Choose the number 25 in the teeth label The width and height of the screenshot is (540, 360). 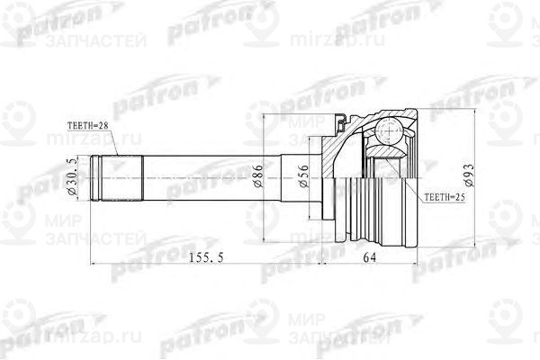click(459, 195)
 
